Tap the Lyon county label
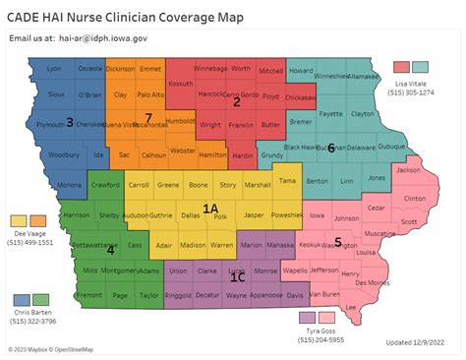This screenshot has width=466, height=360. point(54,69)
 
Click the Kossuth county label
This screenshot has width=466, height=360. point(182,83)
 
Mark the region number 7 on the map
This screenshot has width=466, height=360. point(148,118)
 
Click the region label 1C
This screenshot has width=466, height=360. point(236,277)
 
